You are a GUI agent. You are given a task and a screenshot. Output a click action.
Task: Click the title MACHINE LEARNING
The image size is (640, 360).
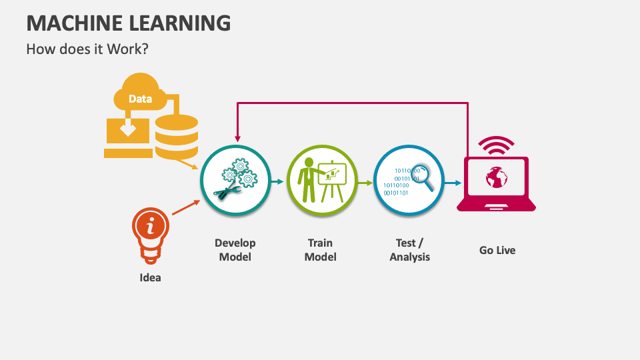[x=129, y=23]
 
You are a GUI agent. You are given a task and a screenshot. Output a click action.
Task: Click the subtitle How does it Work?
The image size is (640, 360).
[x=87, y=49]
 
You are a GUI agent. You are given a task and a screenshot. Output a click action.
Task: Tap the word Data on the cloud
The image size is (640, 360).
[x=141, y=99]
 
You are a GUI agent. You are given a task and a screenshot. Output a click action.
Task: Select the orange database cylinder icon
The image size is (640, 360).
[x=176, y=137]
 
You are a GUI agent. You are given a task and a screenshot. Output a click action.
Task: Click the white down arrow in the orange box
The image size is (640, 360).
[x=128, y=128]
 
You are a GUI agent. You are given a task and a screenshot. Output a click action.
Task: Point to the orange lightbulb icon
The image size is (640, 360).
[x=150, y=235]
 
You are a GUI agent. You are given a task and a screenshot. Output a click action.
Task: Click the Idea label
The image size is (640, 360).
[x=150, y=277]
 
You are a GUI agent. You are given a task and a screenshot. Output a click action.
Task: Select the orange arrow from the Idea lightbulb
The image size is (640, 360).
[x=186, y=207]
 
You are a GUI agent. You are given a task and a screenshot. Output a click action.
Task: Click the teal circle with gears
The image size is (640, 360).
[x=235, y=180]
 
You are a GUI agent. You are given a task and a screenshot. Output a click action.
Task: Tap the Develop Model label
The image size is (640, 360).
[x=235, y=250]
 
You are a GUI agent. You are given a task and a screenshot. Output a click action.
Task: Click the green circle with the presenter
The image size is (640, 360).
[x=322, y=180]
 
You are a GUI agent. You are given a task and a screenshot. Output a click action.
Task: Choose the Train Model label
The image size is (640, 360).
[x=321, y=250]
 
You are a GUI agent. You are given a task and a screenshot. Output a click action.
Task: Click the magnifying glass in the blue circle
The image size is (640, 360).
[x=422, y=177]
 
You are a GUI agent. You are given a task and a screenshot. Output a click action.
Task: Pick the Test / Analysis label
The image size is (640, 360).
[x=410, y=250]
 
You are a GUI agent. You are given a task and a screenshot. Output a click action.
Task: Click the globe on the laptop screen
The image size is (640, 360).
[x=496, y=177]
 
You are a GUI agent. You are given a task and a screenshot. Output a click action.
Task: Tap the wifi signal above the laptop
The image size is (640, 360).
[x=496, y=145]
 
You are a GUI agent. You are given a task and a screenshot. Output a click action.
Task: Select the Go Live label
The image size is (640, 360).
[x=497, y=250]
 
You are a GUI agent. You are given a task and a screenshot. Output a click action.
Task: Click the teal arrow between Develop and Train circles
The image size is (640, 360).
[x=277, y=181]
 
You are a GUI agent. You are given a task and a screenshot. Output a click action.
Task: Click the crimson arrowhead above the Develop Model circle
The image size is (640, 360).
[x=237, y=139]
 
